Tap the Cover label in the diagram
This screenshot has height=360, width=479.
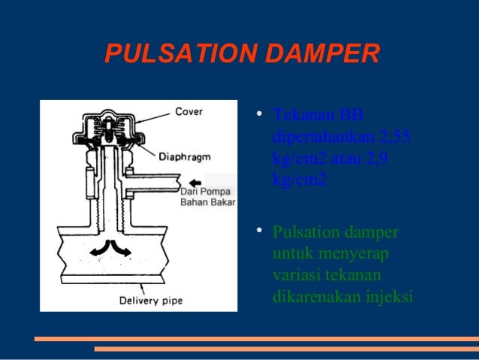(188, 112)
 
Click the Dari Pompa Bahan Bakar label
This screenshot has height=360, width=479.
(208, 197)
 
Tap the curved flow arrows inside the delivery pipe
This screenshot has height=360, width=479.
(111, 250)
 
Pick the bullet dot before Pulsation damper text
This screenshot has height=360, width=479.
(258, 231)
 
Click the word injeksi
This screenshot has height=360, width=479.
(389, 297)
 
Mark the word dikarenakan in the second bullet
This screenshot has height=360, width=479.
(315, 297)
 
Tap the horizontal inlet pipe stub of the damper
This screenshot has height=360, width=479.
(154, 181)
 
